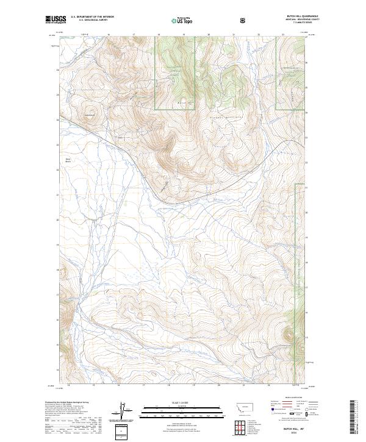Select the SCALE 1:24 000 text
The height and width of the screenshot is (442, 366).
click(x=179, y=404)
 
